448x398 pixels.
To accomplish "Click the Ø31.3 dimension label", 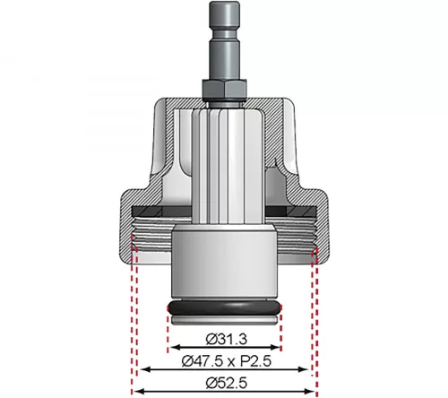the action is (x=227, y=340).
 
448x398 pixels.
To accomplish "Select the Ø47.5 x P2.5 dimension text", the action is (x=227, y=361).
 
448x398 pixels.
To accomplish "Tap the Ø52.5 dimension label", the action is (x=227, y=383).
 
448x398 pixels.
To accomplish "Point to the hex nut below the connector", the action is (x=225, y=89).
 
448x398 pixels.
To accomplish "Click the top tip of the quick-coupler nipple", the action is (x=225, y=2).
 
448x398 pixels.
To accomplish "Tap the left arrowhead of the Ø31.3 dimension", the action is (x=174, y=347).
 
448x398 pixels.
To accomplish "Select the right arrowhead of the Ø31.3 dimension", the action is (x=275, y=347).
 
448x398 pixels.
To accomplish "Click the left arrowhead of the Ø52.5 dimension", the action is (x=138, y=391).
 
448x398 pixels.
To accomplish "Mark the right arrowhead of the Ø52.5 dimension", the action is (x=311, y=391).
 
